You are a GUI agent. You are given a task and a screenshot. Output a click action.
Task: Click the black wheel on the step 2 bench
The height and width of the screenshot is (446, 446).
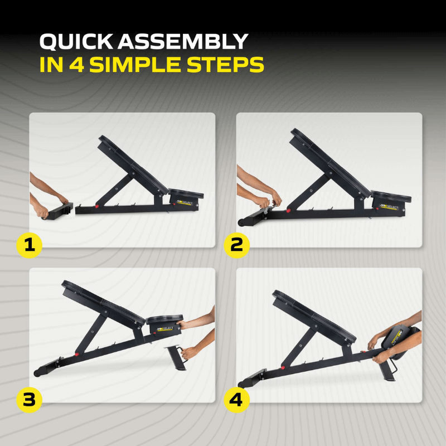click(x=241, y=222)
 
